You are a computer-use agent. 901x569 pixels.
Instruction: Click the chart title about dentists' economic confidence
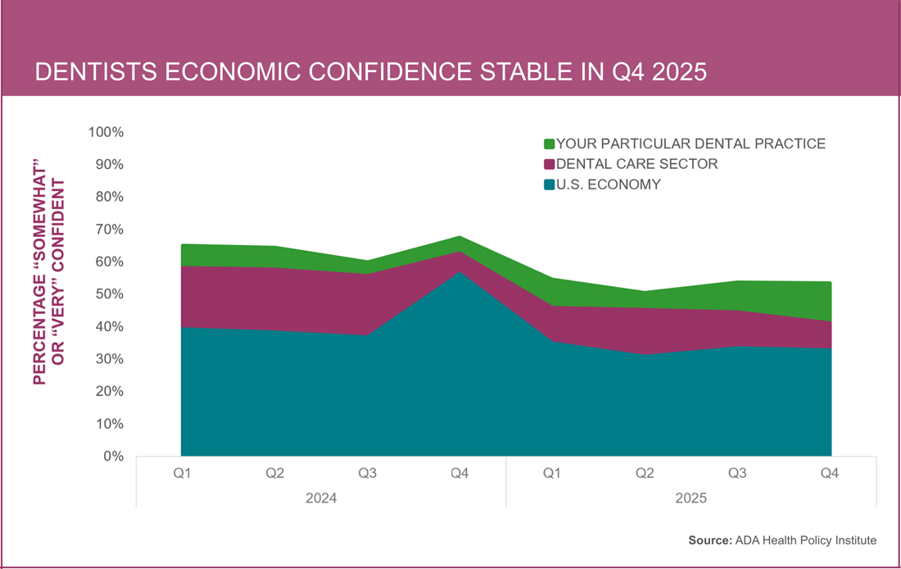coord(370,72)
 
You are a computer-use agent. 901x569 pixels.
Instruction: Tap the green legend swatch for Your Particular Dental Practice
coord(549,144)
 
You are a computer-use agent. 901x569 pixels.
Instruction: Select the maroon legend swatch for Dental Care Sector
coord(549,165)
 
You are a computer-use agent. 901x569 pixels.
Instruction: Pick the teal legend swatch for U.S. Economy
coord(549,185)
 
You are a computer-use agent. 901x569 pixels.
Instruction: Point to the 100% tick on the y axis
coord(106,133)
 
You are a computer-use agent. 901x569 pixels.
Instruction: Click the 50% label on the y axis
coord(109,294)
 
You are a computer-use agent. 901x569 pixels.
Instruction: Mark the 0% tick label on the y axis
coord(112,457)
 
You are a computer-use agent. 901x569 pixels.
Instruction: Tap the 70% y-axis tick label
coord(109,230)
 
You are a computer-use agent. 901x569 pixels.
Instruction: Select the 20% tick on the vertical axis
coord(109,392)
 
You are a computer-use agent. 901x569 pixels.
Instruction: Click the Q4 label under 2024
coord(460,474)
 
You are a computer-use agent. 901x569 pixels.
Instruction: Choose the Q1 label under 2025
coord(553,474)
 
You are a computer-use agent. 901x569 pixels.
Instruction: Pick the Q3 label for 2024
coord(367,474)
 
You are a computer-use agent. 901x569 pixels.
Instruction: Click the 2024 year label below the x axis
coord(320,498)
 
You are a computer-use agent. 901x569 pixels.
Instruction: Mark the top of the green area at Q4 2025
coord(831,283)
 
